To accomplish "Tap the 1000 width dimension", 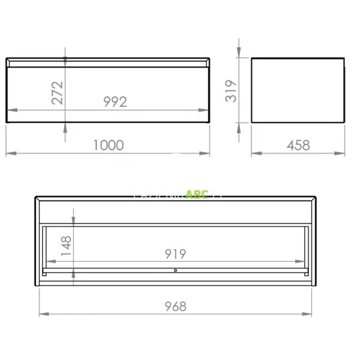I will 108,145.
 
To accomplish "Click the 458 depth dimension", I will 298,145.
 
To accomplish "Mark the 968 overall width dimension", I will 175,306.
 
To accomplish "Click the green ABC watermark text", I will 197,194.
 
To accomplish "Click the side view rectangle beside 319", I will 298,90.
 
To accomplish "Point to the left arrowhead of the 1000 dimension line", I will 9,154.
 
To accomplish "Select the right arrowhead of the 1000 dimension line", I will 207,154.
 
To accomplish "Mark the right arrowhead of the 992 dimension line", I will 206,110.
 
